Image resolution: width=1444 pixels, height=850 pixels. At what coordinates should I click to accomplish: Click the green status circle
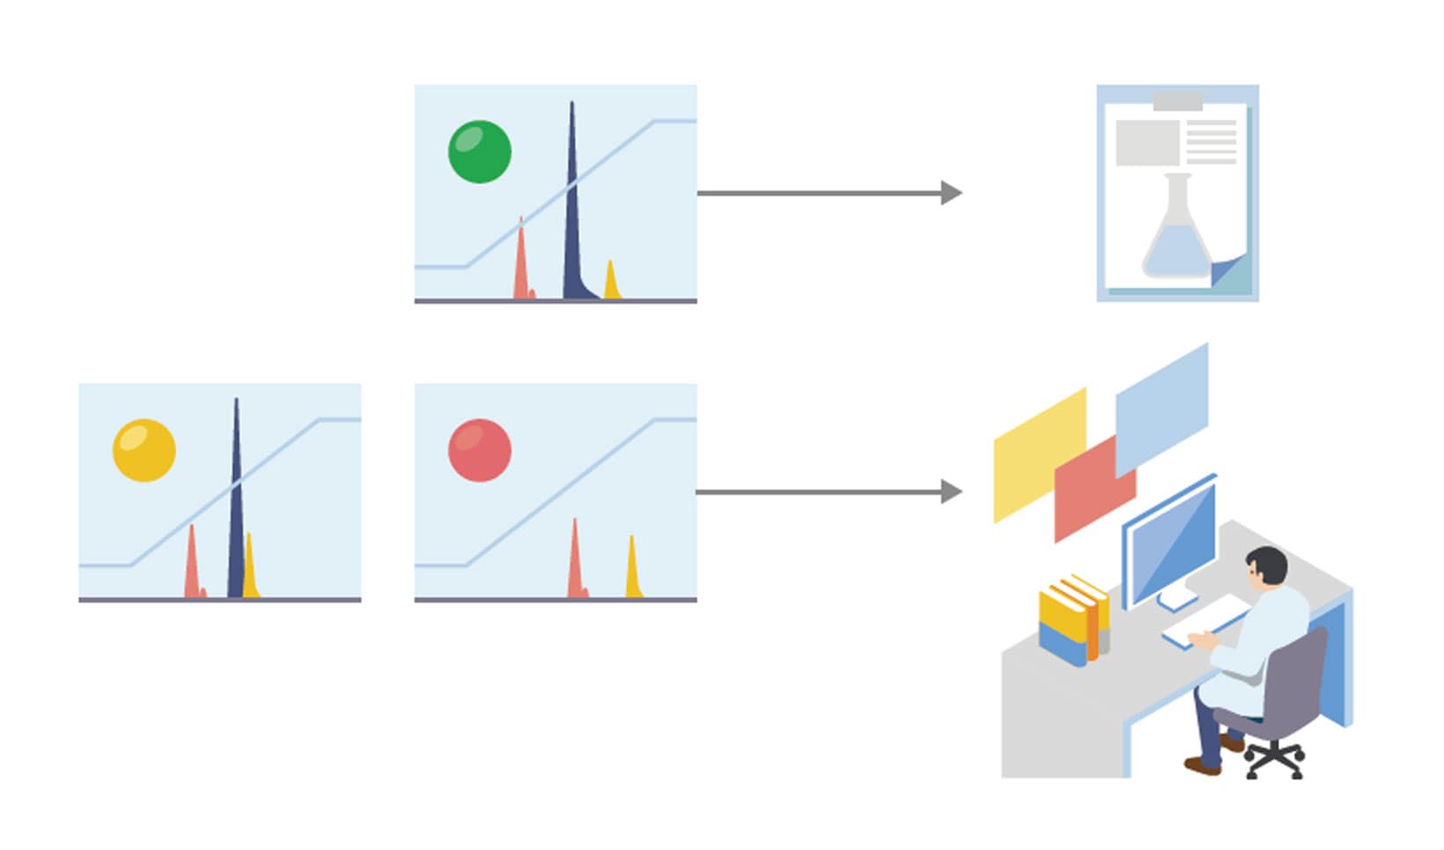[480, 152]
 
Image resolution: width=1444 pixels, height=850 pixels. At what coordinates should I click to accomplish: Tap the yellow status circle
[144, 450]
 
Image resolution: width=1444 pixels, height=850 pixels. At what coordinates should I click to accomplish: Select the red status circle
[480, 450]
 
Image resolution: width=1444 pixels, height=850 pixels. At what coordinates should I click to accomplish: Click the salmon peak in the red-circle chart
[576, 564]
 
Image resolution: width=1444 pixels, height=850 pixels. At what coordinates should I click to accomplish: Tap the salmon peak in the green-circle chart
[521, 264]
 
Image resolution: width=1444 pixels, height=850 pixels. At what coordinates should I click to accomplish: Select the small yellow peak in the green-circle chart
[611, 283]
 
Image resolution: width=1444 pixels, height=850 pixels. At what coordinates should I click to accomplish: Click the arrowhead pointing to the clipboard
[951, 192]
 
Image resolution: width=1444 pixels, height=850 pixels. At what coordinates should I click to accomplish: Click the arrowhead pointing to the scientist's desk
[951, 492]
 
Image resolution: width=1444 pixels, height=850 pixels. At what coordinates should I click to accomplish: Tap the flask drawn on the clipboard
[1177, 233]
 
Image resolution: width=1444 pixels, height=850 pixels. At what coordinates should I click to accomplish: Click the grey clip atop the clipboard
[1177, 101]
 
